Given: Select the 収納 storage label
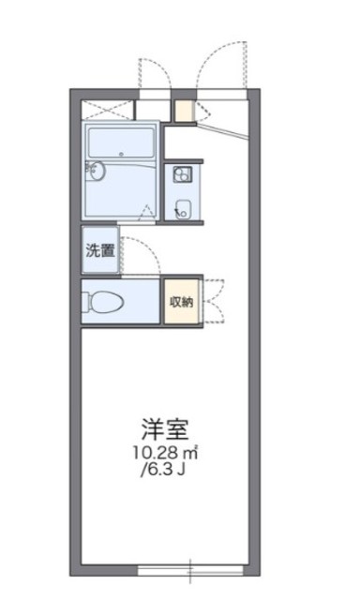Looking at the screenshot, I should pos(182,301).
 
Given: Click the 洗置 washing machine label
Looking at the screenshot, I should pos(101,250).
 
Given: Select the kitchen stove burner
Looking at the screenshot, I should pos(181,174).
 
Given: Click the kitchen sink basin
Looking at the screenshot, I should pos(182,208).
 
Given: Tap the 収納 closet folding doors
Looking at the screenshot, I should pos(214,301).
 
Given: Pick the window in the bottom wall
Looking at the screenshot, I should pos(190,568).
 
